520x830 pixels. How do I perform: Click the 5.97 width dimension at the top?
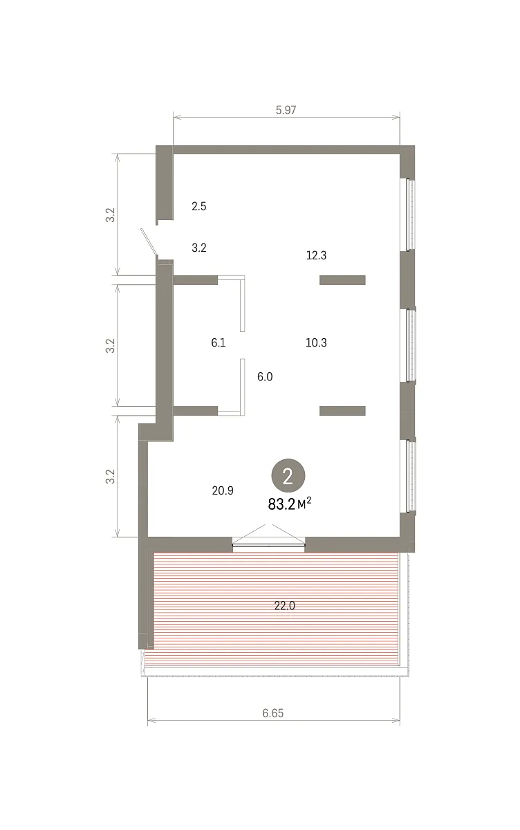(286, 110)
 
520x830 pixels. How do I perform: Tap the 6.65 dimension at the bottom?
(273, 713)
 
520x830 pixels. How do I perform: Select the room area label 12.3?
(316, 255)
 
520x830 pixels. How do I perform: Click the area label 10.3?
(316, 343)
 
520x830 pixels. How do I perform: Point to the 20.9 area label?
(223, 490)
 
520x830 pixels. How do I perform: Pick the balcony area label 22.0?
(284, 605)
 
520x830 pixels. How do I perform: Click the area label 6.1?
(218, 343)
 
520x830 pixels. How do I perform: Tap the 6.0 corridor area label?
(265, 377)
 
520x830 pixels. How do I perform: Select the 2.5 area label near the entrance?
(199, 206)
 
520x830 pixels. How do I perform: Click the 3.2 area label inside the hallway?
(199, 248)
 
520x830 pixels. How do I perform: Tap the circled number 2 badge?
(288, 475)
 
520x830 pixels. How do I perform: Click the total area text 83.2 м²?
(290, 504)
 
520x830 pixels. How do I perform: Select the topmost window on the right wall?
(410, 215)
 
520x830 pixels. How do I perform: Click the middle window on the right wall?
(410, 345)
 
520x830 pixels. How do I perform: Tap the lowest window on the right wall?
(410, 476)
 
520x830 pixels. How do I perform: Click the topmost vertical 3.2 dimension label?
(111, 215)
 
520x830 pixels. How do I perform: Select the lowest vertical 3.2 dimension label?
(111, 477)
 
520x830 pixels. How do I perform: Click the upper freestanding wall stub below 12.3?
(342, 280)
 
